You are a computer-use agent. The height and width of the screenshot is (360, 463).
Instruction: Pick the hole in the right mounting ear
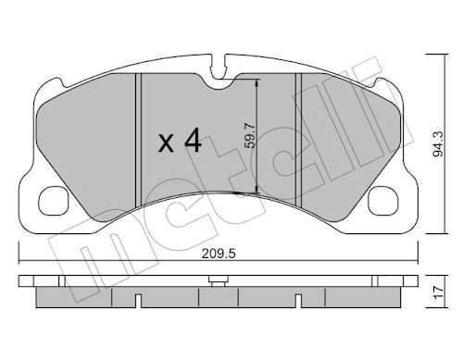tap(380, 197)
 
